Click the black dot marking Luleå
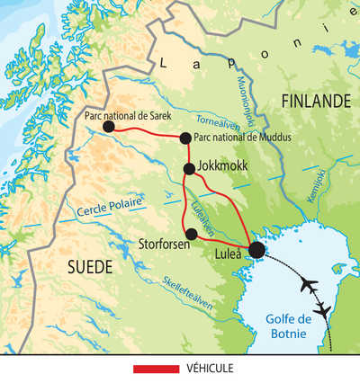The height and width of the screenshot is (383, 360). click(257, 250)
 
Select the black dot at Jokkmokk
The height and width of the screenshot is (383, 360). click(189, 169)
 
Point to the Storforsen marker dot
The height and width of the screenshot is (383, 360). click(190, 234)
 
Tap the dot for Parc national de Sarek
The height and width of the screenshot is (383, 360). click(109, 127)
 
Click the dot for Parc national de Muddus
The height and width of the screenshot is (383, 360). click(185, 138)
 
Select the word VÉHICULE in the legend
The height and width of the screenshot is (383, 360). click(211, 369)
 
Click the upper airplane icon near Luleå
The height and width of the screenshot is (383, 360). click(308, 287)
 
